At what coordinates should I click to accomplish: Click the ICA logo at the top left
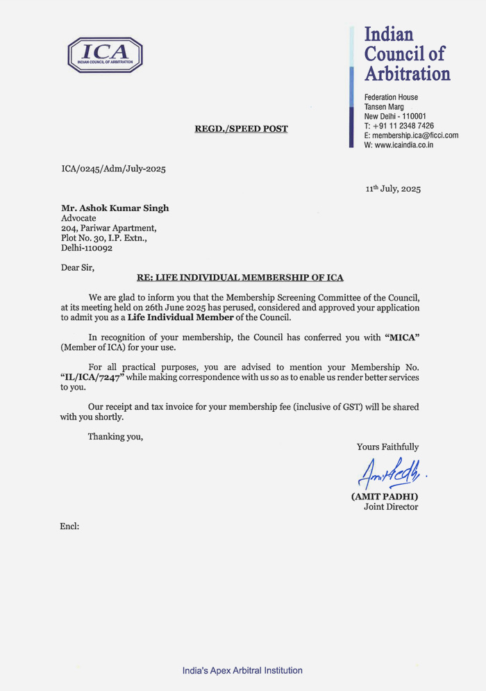105,55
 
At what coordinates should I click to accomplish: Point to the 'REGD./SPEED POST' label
241,128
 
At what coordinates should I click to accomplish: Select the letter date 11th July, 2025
393,189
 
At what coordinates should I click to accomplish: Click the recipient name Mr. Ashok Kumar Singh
115,208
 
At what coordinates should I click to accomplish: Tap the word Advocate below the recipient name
78,218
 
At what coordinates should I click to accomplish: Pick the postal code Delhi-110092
87,247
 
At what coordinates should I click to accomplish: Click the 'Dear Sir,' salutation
77,267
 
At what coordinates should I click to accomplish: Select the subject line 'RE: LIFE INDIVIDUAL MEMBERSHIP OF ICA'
240,278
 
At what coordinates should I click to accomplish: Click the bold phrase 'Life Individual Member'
181,317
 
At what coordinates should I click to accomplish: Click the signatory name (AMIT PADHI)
385,497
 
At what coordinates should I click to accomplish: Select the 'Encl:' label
70,526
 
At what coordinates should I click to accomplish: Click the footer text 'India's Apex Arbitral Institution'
242,670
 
